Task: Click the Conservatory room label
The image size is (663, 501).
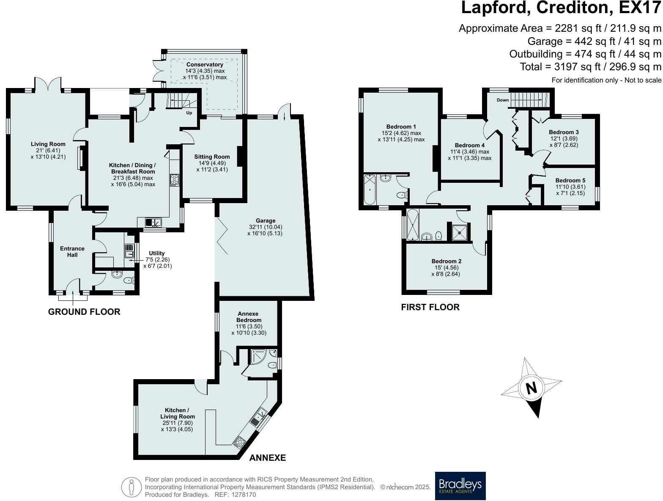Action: pyautogui.click(x=205, y=65)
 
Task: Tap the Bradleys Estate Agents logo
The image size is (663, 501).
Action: pyautogui.click(x=460, y=485)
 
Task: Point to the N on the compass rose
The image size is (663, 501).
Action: pyautogui.click(x=531, y=388)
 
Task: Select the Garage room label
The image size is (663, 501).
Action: pyautogui.click(x=266, y=220)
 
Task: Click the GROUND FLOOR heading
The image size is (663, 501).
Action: pyautogui.click(x=84, y=312)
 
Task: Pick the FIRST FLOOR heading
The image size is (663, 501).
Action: pyautogui.click(x=430, y=307)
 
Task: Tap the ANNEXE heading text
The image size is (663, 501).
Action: pyautogui.click(x=268, y=457)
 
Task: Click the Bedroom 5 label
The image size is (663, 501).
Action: pyautogui.click(x=570, y=180)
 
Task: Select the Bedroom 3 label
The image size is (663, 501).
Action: pyautogui.click(x=564, y=132)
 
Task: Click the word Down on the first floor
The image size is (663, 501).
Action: pyautogui.click(x=503, y=100)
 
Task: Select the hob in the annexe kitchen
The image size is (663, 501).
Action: pyautogui.click(x=239, y=442)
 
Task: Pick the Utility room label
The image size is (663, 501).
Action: pyautogui.click(x=156, y=253)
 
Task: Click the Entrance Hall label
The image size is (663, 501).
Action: pyautogui.click(x=72, y=251)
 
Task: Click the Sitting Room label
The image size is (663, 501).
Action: pyautogui.click(x=212, y=157)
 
